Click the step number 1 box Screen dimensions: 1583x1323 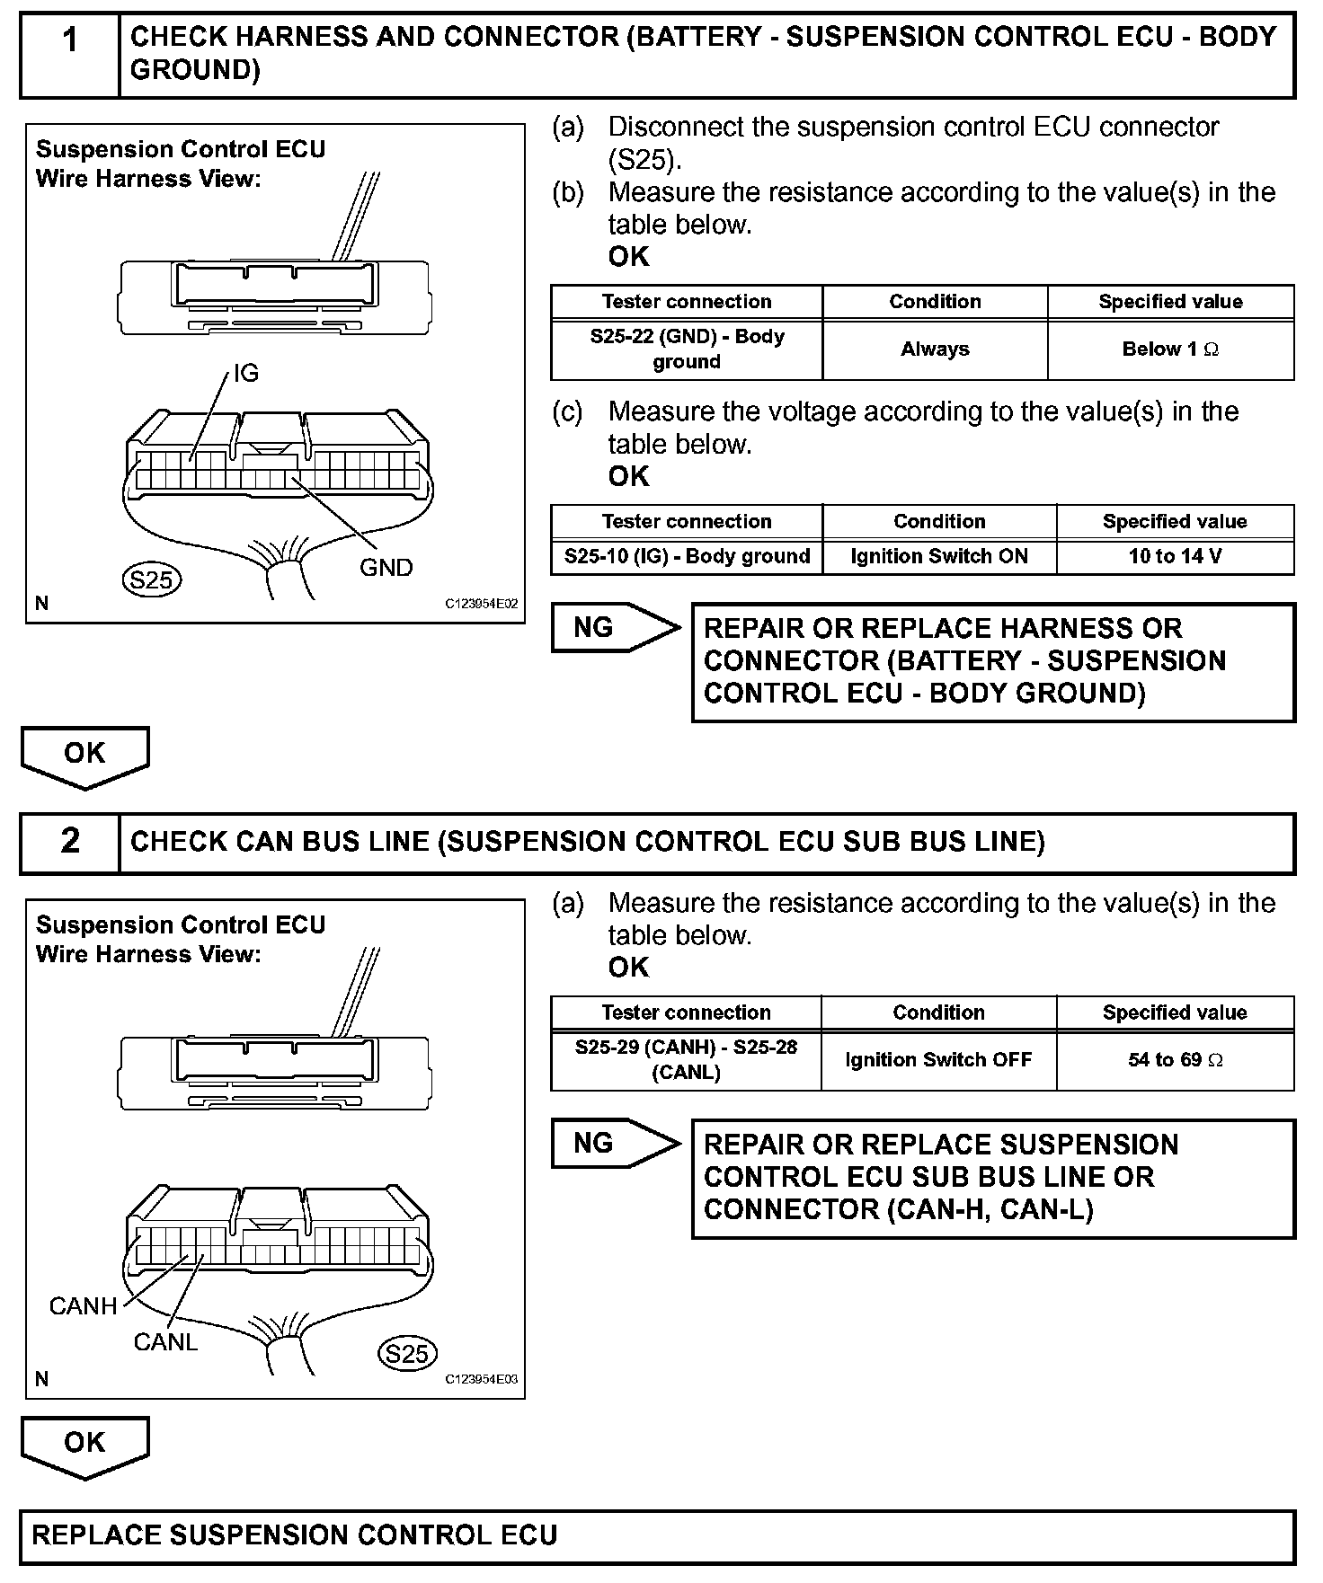pos(70,54)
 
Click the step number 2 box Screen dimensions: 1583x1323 pos(70,842)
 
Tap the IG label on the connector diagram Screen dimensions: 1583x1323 pos(245,374)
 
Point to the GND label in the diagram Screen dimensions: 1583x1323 pos(386,568)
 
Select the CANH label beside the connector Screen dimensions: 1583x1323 pos(83,1306)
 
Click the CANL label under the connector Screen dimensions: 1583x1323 pos(165,1342)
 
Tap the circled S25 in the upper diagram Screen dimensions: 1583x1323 pos(151,580)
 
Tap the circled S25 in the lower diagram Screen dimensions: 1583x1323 pos(406,1354)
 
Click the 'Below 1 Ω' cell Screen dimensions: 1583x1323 pos(1170,349)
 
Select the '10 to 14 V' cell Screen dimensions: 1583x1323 pos(1175,557)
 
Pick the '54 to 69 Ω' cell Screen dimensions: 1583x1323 pos(1175,1060)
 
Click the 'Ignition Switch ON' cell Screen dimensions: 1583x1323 pos(939,557)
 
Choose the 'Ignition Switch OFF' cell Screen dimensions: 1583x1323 pos(938,1060)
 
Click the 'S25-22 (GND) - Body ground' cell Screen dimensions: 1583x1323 pos(687,349)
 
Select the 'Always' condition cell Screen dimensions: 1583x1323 pos(935,349)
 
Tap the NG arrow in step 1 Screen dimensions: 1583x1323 pos(613,627)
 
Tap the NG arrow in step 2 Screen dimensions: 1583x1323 pos(613,1143)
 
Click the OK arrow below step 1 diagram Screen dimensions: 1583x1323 pos(84,755)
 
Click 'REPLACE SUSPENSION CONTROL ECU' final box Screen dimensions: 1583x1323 pos(657,1535)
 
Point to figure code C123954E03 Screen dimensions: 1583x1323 pos(481,1380)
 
